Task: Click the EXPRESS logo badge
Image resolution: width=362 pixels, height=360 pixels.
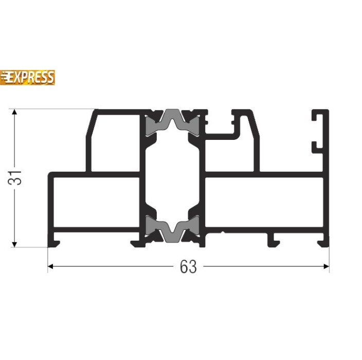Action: click(x=27, y=77)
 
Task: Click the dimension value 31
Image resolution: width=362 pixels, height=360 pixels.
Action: click(x=14, y=178)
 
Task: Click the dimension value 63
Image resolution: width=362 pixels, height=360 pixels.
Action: click(x=188, y=266)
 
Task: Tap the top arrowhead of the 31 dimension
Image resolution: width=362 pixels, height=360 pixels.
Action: click(x=14, y=112)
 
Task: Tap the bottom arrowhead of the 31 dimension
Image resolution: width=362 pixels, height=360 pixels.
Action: click(x=14, y=244)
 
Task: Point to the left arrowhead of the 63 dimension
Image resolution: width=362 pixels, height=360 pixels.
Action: click(x=50, y=266)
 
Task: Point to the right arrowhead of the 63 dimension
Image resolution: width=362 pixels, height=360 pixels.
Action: click(x=326, y=266)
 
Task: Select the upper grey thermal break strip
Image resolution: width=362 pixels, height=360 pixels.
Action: click(x=172, y=122)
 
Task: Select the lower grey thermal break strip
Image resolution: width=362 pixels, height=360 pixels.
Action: click(x=172, y=229)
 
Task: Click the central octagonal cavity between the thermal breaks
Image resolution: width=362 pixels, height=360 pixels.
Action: click(x=172, y=175)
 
